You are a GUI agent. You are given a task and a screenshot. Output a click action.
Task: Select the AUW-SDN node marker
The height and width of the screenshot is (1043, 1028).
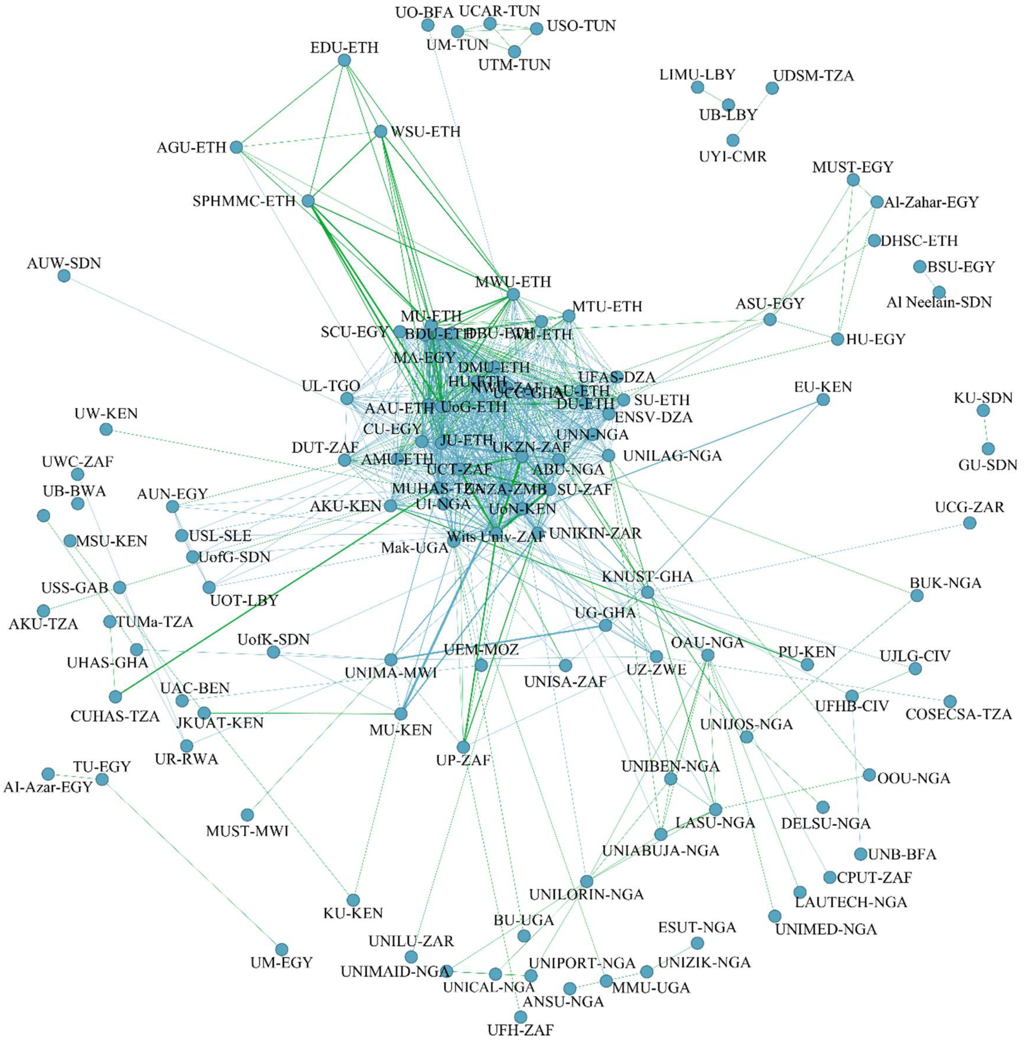pyautogui.click(x=64, y=276)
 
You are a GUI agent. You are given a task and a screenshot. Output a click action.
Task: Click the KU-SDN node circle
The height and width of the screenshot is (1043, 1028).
pyautogui.click(x=983, y=411)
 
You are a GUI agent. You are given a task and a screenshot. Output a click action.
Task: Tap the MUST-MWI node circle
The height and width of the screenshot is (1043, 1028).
pyautogui.click(x=247, y=815)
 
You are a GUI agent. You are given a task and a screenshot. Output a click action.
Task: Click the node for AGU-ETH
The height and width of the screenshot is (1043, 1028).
pyautogui.click(x=236, y=147)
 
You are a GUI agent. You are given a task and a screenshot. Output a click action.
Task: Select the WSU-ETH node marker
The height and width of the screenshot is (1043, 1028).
pyautogui.click(x=381, y=131)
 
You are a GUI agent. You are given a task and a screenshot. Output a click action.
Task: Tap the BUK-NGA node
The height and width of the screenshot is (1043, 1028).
pyautogui.click(x=917, y=595)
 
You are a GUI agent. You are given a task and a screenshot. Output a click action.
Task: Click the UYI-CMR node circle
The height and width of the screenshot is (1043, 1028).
pyautogui.click(x=733, y=140)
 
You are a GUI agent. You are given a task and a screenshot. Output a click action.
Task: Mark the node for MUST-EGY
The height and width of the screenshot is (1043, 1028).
pyautogui.click(x=853, y=180)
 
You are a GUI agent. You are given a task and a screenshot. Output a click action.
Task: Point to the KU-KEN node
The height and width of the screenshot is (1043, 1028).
pyautogui.click(x=353, y=900)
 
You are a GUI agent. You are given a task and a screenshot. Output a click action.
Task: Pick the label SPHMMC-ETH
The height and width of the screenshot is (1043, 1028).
pyautogui.click(x=244, y=201)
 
